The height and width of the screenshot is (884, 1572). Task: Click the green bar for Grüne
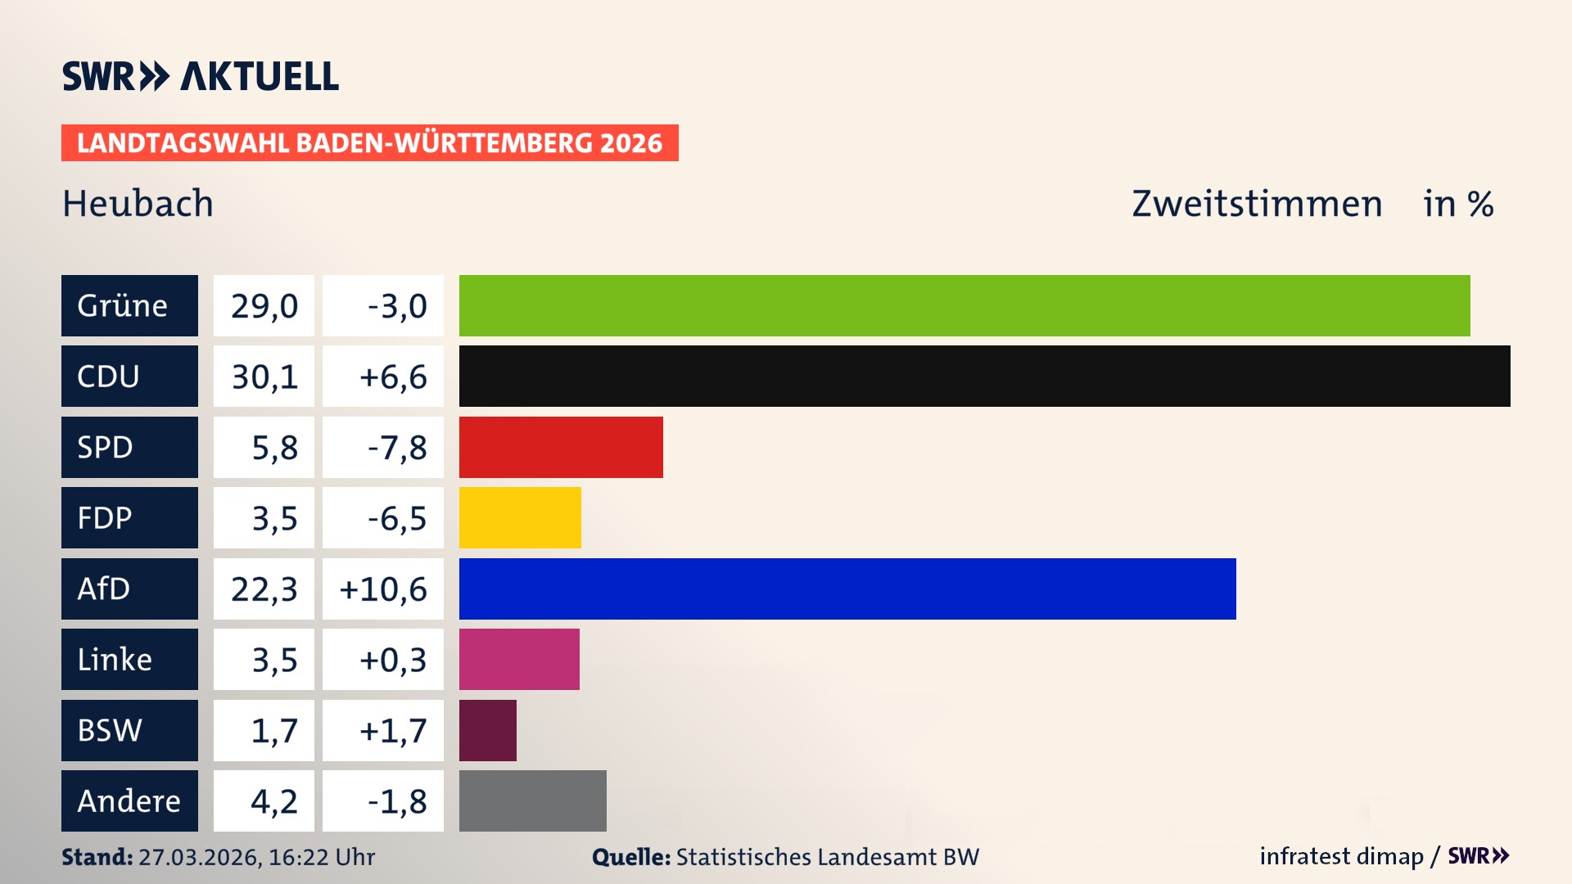tap(964, 305)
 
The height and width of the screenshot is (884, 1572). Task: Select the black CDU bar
tap(984, 377)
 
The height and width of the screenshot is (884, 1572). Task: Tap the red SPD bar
tap(561, 447)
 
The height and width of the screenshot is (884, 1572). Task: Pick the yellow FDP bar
tap(520, 518)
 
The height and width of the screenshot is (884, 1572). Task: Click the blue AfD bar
tap(847, 589)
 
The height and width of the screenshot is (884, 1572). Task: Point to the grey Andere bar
tap(532, 801)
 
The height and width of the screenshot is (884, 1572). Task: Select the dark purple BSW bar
tap(488, 730)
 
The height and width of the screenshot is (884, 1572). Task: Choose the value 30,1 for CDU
tap(264, 377)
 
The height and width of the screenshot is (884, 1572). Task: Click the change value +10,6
tap(383, 589)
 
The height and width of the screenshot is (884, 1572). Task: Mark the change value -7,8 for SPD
tap(396, 447)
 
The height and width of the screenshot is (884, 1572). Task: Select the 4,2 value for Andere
tap(273, 801)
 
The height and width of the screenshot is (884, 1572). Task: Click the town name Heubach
tap(138, 203)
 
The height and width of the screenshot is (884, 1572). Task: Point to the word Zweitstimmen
tap(1257, 203)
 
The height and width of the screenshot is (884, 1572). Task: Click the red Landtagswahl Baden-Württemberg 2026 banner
tap(369, 143)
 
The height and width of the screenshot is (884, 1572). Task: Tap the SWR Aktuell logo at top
tap(201, 76)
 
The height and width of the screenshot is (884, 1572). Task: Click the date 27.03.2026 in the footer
tap(198, 857)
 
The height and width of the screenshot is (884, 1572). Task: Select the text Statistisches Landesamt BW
tap(827, 857)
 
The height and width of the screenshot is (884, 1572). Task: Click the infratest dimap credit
tap(1341, 856)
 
